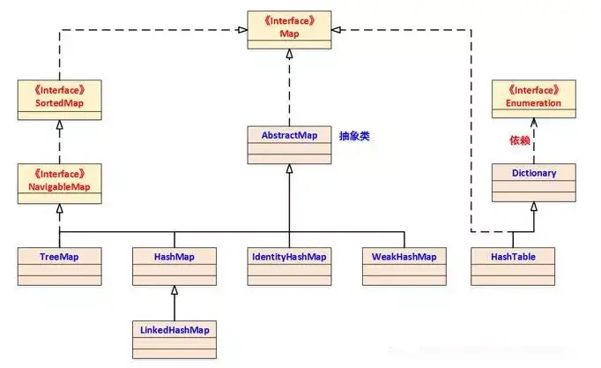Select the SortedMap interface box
pyautogui.click(x=60, y=97)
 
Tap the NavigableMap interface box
pyautogui.click(x=60, y=181)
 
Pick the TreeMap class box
pyautogui.click(x=60, y=266)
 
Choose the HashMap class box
pyautogui.click(x=174, y=266)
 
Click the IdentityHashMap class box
pyautogui.click(x=290, y=266)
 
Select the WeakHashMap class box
pyautogui.click(x=404, y=266)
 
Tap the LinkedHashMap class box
pyautogui.click(x=174, y=339)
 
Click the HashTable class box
pyautogui.click(x=513, y=266)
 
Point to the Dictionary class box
pyautogui.click(x=534, y=182)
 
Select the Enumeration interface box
pyautogui.click(x=534, y=97)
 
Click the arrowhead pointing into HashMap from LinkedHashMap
pyautogui.click(x=174, y=290)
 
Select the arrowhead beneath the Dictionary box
pyautogui.click(x=534, y=207)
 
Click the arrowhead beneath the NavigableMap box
pyautogui.click(x=60, y=208)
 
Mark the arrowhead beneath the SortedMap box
pyautogui.click(x=60, y=124)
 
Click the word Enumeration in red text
pyautogui.click(x=534, y=103)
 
